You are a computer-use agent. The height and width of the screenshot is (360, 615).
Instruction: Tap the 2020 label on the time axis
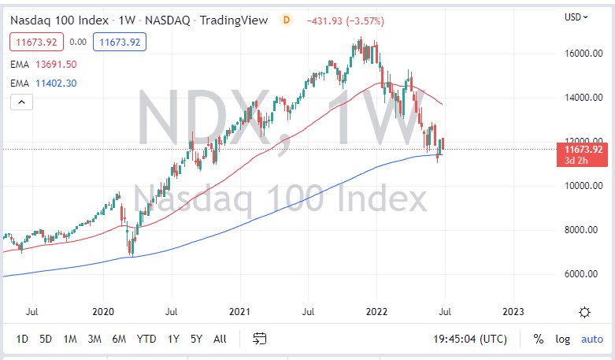(104, 312)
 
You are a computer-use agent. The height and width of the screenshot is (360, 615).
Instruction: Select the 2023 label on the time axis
(512, 312)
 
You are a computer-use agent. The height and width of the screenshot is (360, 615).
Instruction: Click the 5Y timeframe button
(196, 339)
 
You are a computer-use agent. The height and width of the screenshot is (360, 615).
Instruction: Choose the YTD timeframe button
(146, 339)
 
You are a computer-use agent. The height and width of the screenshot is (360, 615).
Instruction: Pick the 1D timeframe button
(22, 339)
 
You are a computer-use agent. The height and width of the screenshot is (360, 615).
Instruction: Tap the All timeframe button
(220, 339)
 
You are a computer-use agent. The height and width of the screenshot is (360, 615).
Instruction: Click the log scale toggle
(562, 339)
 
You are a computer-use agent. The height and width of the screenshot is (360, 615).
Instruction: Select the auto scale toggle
(591, 339)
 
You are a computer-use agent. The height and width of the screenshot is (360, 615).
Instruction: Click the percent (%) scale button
(539, 339)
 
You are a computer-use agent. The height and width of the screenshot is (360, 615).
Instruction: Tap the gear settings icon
(584, 312)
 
